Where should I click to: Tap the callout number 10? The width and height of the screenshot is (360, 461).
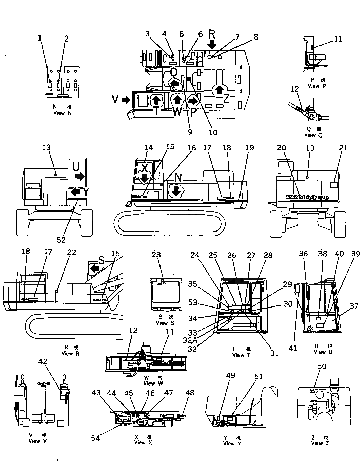click(x=213, y=133)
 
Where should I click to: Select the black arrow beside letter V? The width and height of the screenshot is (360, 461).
click(x=125, y=100)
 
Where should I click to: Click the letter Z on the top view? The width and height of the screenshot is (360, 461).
click(x=226, y=99)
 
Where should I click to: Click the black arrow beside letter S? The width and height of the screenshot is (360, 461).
click(x=94, y=267)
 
